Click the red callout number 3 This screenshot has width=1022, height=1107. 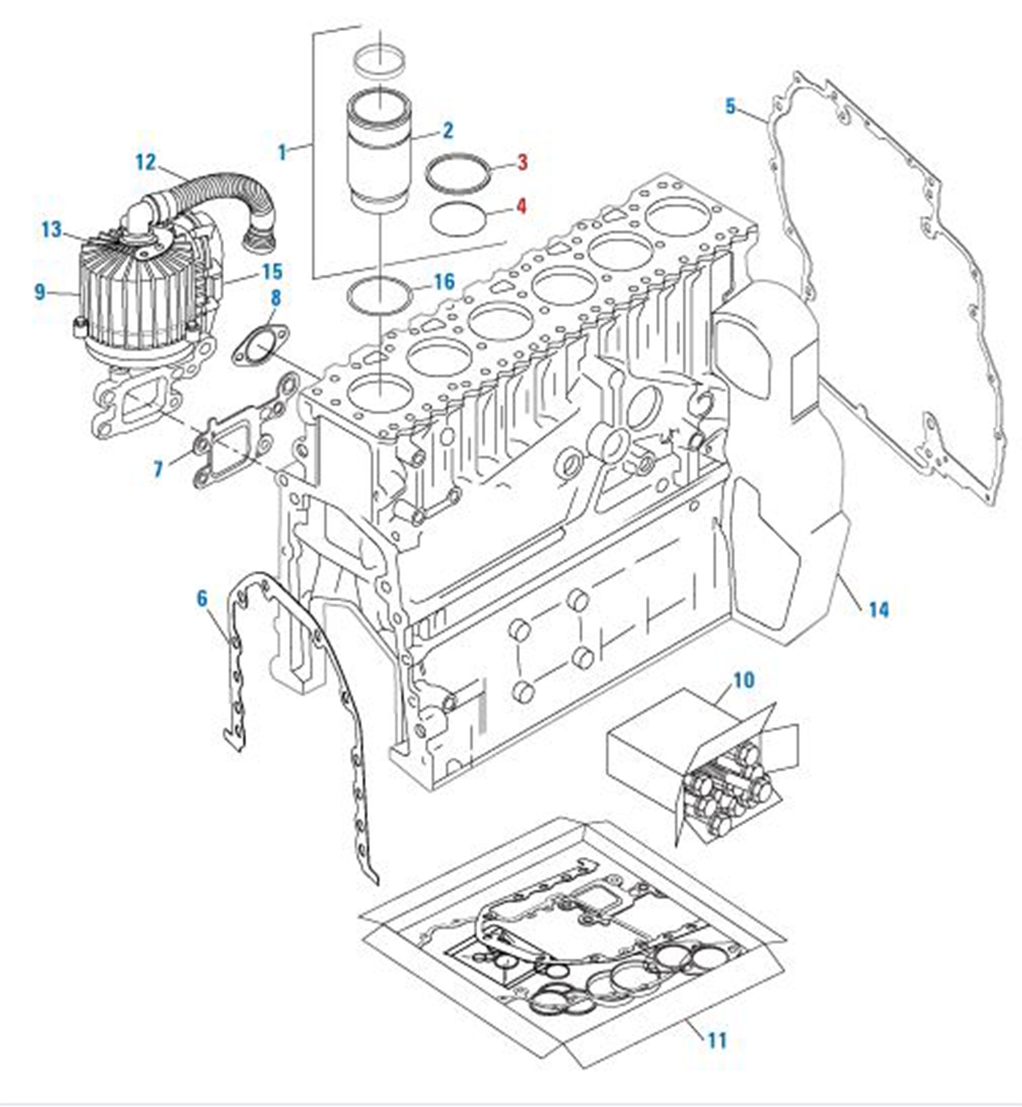tap(522, 162)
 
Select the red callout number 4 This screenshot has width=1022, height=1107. tap(522, 206)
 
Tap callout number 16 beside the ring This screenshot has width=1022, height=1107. tap(443, 282)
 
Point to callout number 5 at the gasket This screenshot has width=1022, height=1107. tap(731, 107)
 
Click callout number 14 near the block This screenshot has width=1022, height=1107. tap(878, 609)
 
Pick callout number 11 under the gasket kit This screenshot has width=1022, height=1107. tap(716, 1039)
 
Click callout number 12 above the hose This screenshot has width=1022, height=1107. tap(145, 162)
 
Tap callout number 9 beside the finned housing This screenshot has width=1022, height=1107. tap(40, 291)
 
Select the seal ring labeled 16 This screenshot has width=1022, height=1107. tap(379, 293)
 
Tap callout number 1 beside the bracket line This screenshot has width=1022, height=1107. tap(283, 151)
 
